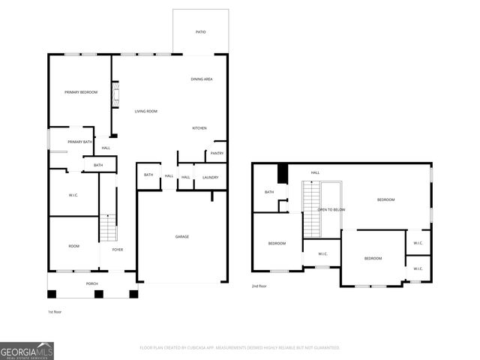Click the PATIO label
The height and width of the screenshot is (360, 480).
pos(200,32)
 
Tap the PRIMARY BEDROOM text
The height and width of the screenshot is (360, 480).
pos(81,91)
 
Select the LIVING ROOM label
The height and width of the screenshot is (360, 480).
pos(145,112)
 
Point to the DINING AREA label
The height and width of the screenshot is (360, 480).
pos(201,79)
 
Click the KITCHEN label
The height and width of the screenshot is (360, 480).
pos(199,128)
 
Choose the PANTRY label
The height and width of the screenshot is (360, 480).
pos(217,153)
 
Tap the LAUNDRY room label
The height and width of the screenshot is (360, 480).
pos(210,177)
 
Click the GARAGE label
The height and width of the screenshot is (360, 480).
pos(181,236)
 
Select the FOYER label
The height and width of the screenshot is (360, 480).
pos(118,249)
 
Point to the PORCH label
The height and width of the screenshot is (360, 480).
pos(91,283)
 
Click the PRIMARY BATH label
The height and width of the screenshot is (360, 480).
pos(79,142)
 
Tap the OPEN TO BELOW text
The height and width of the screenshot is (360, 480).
pos(331,209)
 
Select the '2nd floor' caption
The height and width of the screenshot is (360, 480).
pos(259,286)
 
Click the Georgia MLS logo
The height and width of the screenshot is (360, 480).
pos(27,350)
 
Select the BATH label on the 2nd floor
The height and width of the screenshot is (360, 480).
pos(269,192)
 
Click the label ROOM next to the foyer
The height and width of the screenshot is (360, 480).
pos(73,246)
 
